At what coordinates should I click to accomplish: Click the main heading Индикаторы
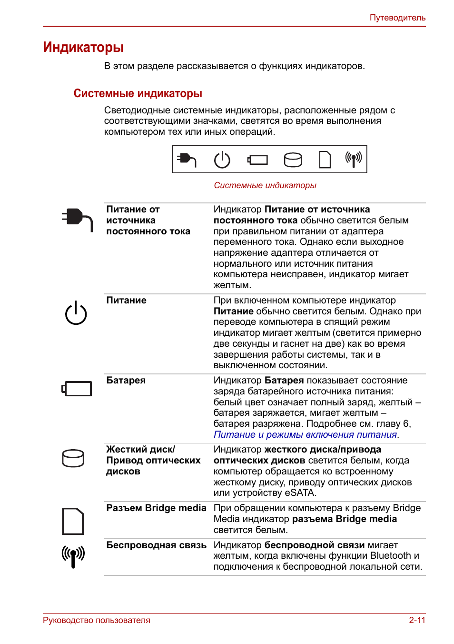tap(83, 47)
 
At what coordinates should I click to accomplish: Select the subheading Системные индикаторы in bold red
tap(138, 93)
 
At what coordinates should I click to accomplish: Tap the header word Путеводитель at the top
tap(397, 18)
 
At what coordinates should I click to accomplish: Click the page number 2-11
tap(417, 620)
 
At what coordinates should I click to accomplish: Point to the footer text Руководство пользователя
tap(96, 620)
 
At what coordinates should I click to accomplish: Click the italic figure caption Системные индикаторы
tap(265, 185)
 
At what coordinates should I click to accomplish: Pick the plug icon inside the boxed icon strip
tap(187, 159)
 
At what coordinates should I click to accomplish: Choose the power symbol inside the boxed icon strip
tap(222, 160)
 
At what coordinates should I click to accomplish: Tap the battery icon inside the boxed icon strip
tap(257, 160)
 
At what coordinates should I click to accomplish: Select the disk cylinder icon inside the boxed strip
tap(293, 160)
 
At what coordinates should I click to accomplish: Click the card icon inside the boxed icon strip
tap(325, 160)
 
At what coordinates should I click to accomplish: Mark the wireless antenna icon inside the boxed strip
tap(354, 160)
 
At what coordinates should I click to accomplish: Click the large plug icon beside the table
tap(77, 219)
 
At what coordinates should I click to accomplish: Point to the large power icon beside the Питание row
tap(76, 313)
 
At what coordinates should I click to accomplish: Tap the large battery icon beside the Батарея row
tap(77, 389)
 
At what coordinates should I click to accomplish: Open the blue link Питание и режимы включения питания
tap(305, 434)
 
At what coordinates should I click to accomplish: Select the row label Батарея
tap(126, 380)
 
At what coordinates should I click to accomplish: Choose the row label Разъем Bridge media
tap(156, 508)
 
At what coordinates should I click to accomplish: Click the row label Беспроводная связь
tap(156, 545)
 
